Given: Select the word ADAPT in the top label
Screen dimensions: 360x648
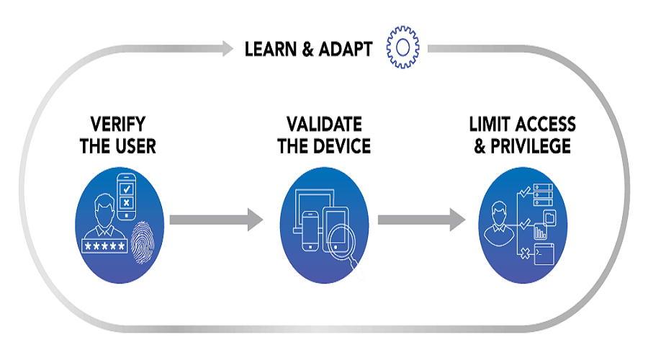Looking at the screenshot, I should (x=346, y=49).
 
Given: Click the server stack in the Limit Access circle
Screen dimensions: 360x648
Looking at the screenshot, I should (x=541, y=192).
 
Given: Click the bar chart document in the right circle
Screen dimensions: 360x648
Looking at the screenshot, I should (x=539, y=232).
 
